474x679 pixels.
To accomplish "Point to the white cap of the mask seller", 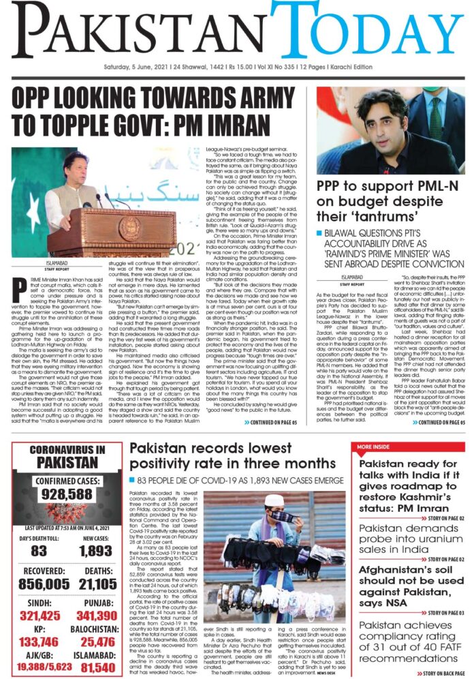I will point(274,501).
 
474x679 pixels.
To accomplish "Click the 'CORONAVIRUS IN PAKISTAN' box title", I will point(67,455).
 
